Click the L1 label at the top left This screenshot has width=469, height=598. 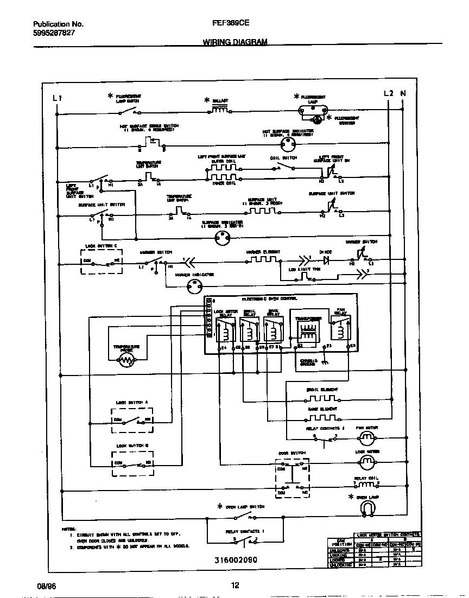[x=58, y=98]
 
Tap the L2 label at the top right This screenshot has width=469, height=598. [x=388, y=93]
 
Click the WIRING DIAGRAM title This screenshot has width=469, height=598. [x=235, y=41]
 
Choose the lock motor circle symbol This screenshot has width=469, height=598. [x=367, y=461]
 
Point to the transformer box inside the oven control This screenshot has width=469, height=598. [x=307, y=329]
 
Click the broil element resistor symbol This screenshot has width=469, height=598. [x=321, y=398]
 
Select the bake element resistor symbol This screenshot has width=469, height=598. [x=321, y=417]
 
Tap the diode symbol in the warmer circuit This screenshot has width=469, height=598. [x=327, y=260]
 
